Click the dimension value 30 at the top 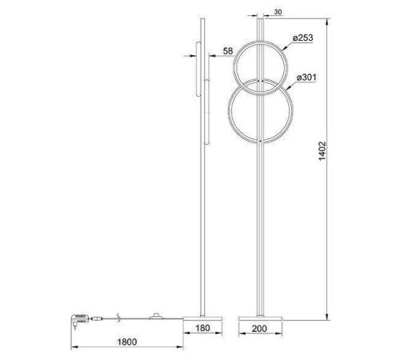277,12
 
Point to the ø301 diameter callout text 309,77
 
